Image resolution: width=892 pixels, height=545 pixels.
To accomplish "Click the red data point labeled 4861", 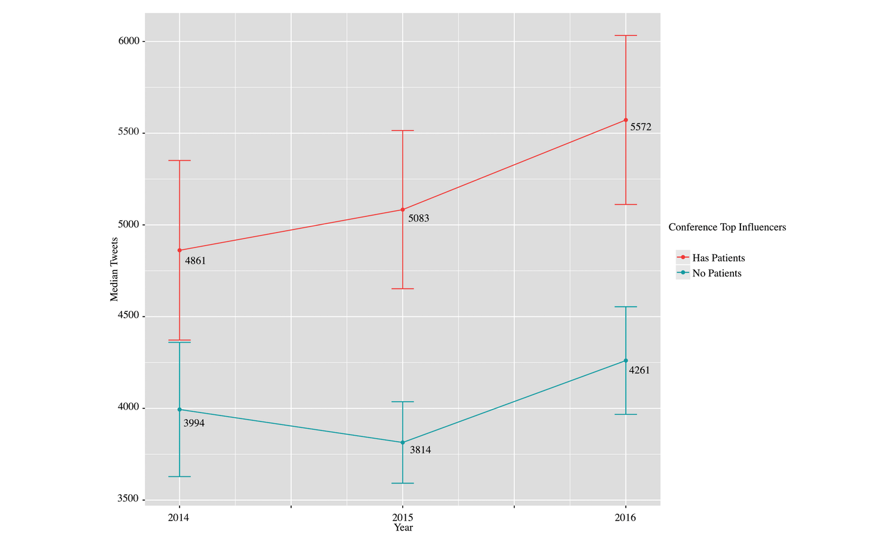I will coord(180,250).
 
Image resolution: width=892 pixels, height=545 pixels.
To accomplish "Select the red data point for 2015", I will coord(403,210).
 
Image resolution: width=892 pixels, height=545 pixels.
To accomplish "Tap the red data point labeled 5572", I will coord(626,120).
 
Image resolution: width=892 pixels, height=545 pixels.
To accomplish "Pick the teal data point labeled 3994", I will coord(180,409).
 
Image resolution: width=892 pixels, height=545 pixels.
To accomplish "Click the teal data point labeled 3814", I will coord(403,442).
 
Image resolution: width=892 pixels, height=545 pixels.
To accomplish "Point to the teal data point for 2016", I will coord(626,361).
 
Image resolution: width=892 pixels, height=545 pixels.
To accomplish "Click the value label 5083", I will coord(418,218).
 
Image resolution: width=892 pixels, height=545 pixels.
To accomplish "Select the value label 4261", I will coord(640,370).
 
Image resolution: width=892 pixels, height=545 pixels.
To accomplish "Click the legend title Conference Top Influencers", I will coord(727,227).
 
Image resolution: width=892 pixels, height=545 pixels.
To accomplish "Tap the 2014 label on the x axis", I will coord(179,518).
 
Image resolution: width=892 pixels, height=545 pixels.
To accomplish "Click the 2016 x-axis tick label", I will coord(625,518).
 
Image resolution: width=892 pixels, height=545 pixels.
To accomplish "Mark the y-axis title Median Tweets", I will coord(114,269).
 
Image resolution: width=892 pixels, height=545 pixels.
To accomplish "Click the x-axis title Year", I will coord(403,528).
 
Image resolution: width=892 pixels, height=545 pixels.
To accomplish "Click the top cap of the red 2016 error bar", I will coord(626,36).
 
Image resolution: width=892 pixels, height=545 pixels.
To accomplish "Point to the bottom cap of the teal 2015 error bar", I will coord(403,483).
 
